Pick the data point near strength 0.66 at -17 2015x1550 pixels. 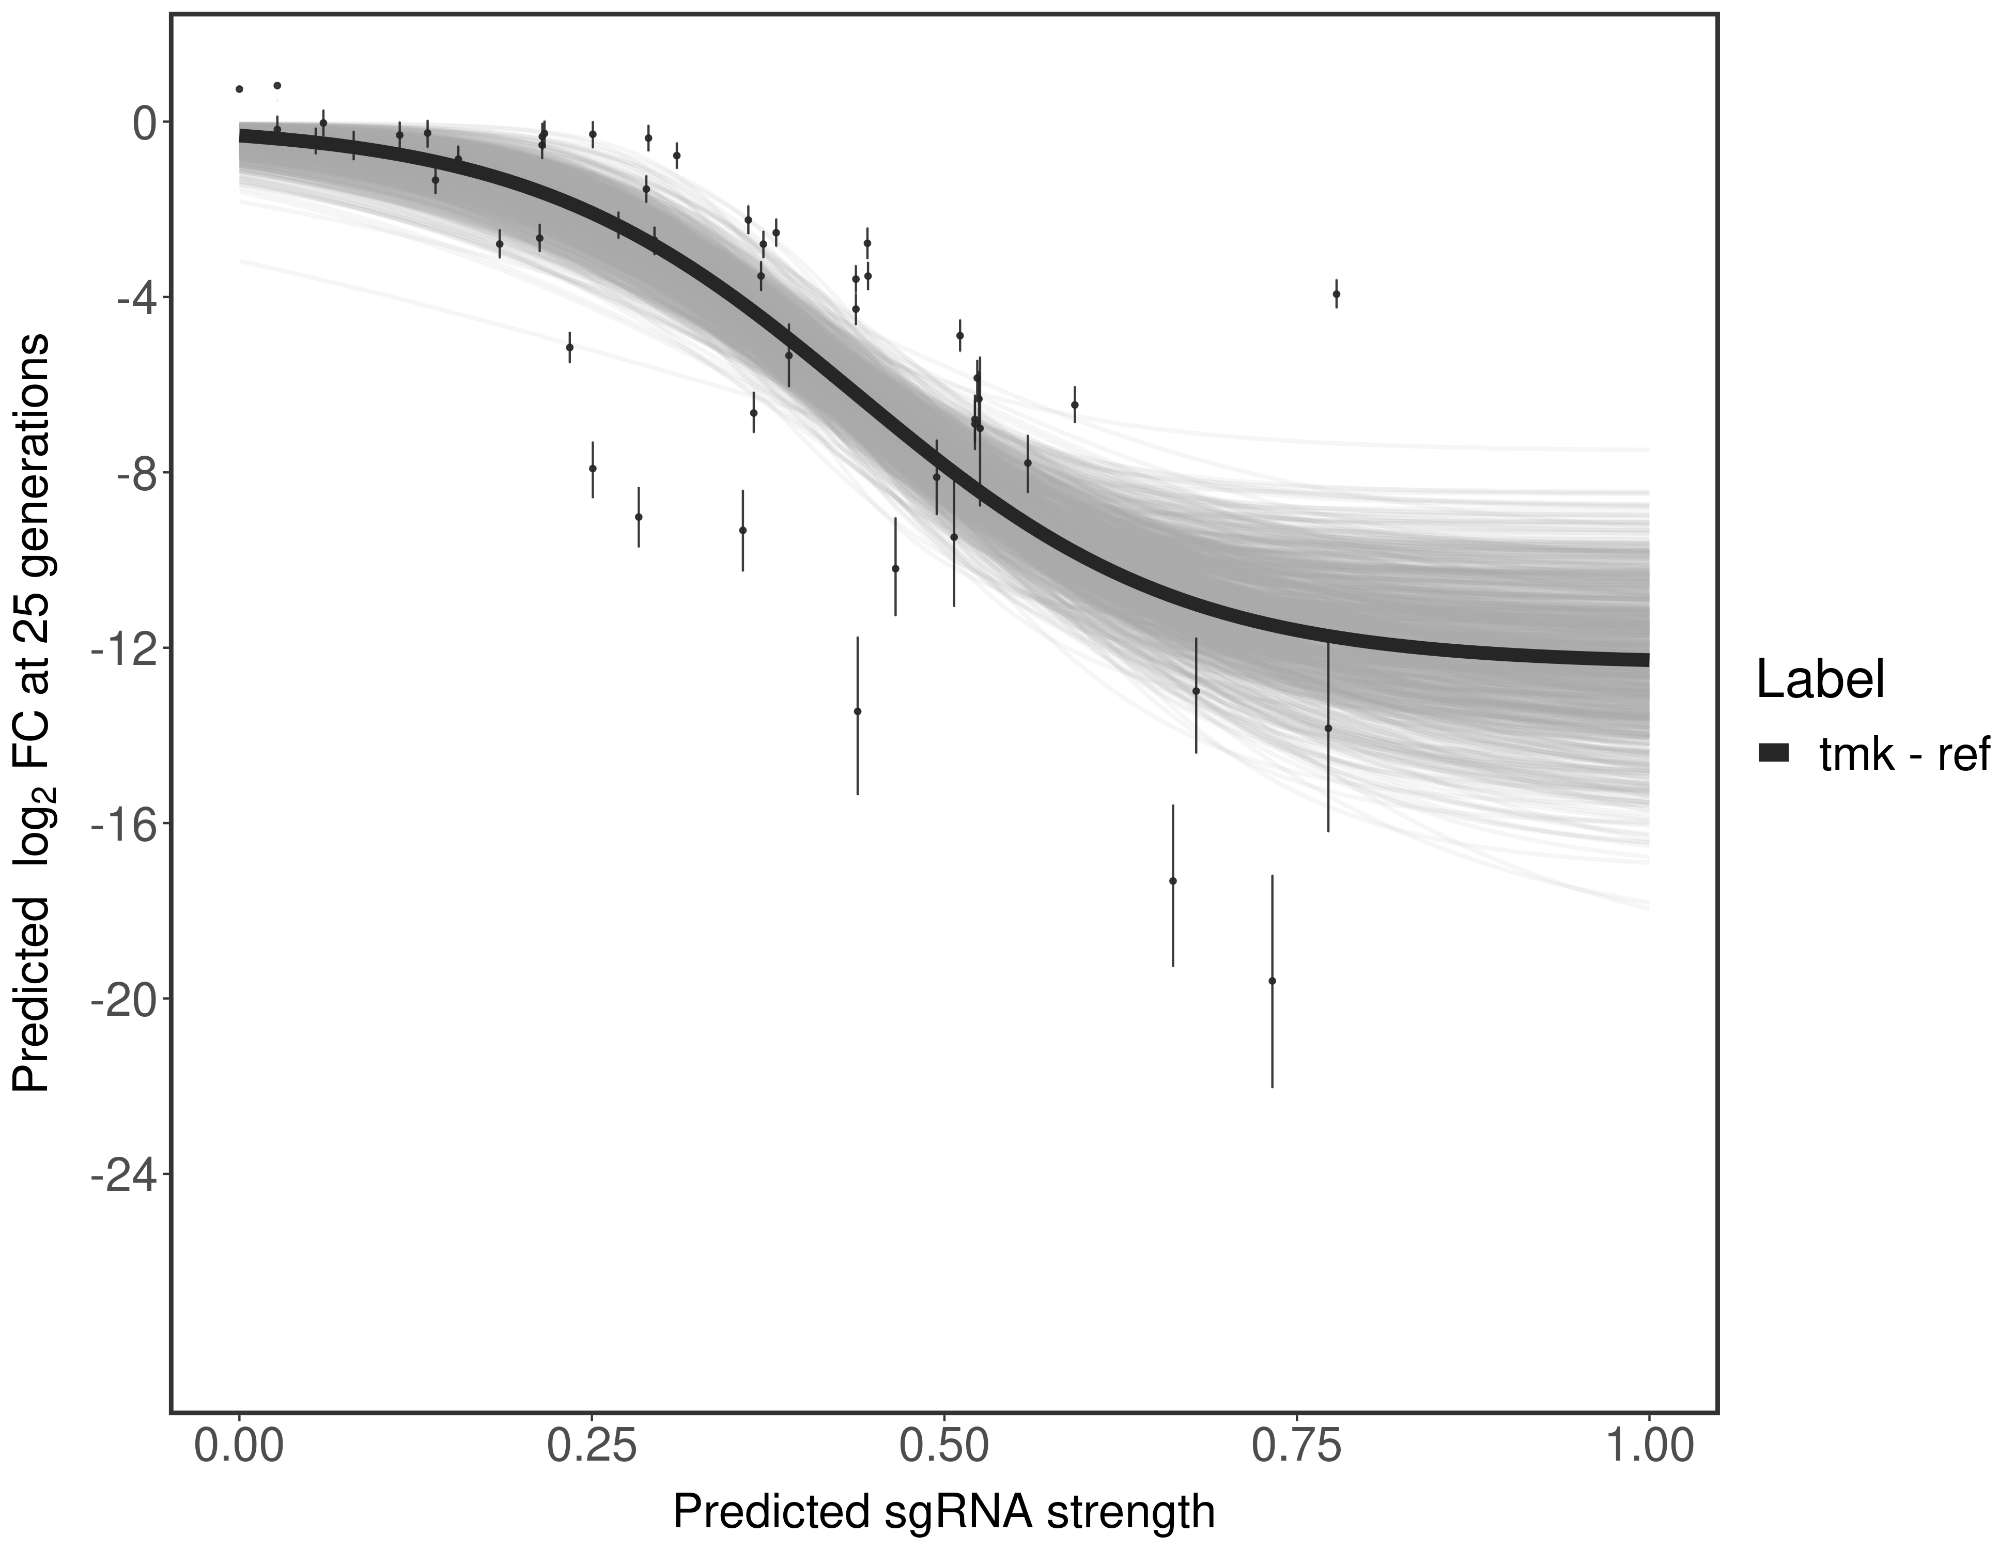point(1173,881)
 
